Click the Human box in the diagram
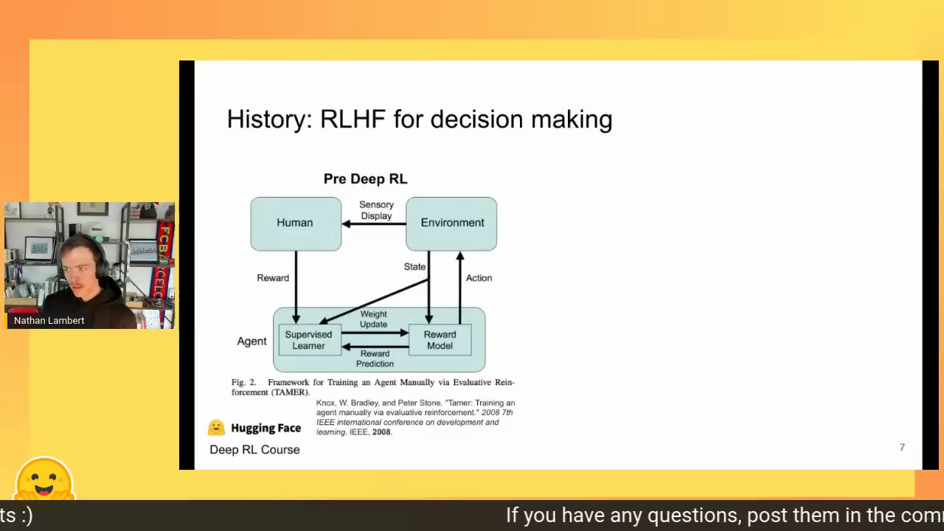(x=296, y=223)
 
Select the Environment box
(x=451, y=223)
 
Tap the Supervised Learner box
(x=310, y=340)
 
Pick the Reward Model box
(x=440, y=340)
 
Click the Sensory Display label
(x=376, y=210)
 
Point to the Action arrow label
(x=479, y=278)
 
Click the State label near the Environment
(x=414, y=267)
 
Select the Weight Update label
(x=373, y=319)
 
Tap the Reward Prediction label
(x=375, y=358)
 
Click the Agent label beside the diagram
(x=251, y=341)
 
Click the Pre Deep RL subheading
(x=365, y=178)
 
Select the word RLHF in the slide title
(x=353, y=119)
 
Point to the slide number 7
(x=902, y=448)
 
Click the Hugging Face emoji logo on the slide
(x=216, y=428)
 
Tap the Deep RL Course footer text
(x=254, y=450)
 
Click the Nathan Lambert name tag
(x=49, y=320)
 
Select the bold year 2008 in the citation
(x=381, y=432)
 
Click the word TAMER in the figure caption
(x=291, y=392)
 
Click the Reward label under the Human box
(x=273, y=278)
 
